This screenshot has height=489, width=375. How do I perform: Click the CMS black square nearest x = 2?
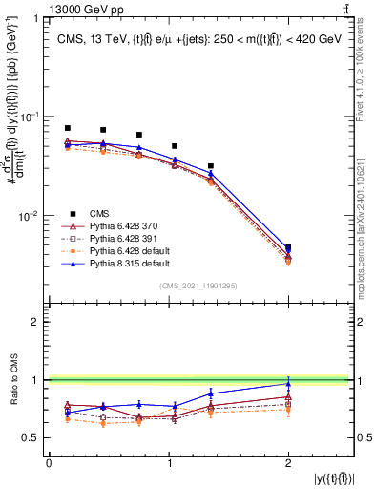click(x=288, y=248)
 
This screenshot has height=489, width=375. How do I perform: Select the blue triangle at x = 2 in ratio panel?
click(x=288, y=384)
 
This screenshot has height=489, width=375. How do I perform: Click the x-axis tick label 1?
click(x=168, y=464)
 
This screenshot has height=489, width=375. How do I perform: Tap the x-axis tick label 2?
click(x=288, y=464)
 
